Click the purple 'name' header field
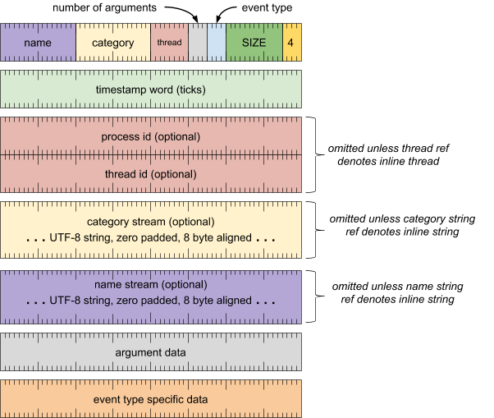(38, 43)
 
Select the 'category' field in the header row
(113, 43)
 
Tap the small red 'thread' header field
(169, 43)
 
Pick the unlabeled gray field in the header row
(198, 43)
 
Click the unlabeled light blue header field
(216, 43)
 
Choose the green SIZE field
(254, 43)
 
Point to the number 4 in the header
(291, 43)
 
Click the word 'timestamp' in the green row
(121, 90)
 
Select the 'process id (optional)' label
(151, 136)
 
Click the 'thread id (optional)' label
(151, 174)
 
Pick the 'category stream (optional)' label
(151, 222)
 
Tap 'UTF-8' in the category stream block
(65, 239)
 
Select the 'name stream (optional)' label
(151, 284)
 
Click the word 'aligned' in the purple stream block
(232, 301)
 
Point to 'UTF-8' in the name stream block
(65, 301)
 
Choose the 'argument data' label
(151, 352)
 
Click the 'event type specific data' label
(151, 399)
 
